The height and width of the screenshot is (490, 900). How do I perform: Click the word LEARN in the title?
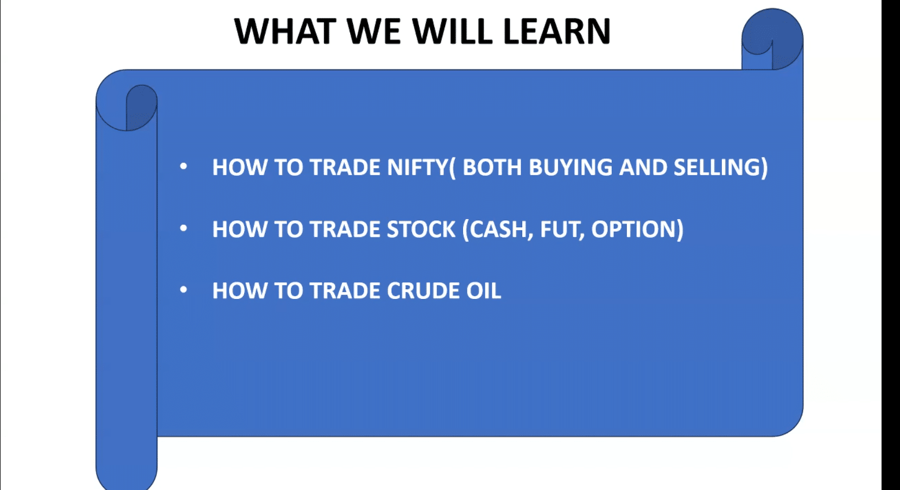556,31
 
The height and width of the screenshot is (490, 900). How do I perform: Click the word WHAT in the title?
286,31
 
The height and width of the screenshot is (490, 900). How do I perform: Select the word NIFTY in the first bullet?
417,167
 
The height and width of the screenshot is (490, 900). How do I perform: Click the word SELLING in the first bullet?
717,167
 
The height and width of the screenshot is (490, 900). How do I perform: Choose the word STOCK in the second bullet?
421,229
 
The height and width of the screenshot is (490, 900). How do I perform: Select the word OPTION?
633,229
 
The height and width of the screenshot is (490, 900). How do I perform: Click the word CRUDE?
423,290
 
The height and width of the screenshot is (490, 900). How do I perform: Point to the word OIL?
484,290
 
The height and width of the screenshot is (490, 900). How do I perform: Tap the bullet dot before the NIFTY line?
183,166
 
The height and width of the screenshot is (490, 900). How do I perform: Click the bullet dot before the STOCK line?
183,228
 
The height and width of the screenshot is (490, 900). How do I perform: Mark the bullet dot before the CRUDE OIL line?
183,290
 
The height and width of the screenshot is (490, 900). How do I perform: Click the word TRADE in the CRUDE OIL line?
345,290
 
